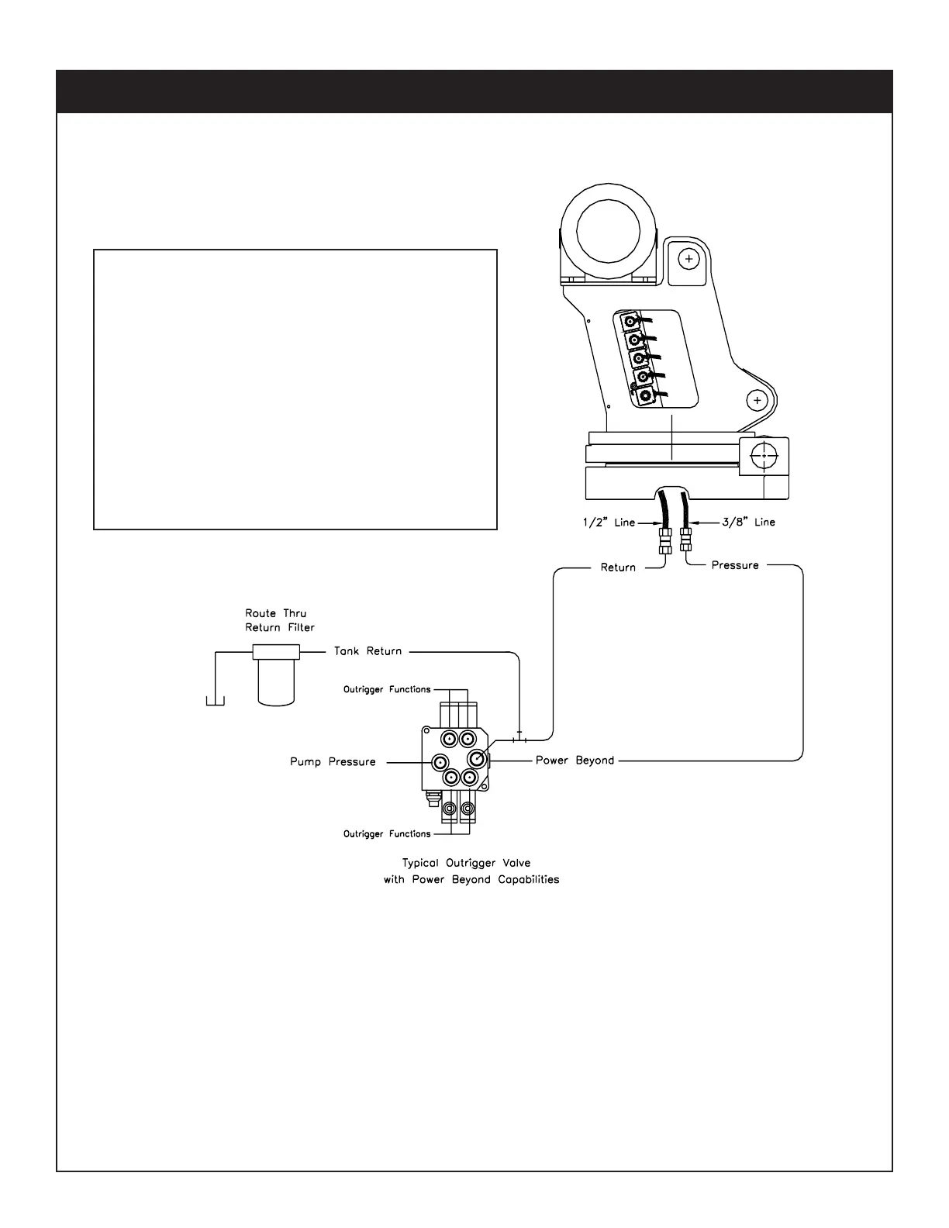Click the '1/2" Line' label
pos(609,523)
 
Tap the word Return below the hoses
pos(618,567)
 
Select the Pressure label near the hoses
pos(735,566)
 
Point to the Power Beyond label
pos(575,761)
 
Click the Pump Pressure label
pos(333,762)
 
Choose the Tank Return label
pos(368,651)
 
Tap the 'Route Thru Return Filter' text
pos(280,620)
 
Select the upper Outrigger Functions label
pos(387,689)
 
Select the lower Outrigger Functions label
pos(387,834)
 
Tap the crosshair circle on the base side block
pos(764,457)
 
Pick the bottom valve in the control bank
pos(645,397)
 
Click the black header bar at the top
pos(474,91)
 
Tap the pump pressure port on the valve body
pos(440,761)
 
